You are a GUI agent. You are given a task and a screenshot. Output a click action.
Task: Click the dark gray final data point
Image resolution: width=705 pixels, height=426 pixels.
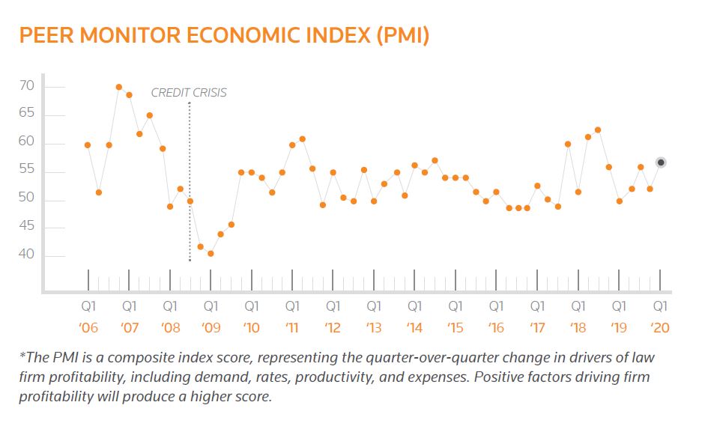click(661, 162)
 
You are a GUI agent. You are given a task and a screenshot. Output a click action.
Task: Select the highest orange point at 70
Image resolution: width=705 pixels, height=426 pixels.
click(119, 88)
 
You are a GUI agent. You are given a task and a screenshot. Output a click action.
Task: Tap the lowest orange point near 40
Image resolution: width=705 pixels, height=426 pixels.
click(211, 253)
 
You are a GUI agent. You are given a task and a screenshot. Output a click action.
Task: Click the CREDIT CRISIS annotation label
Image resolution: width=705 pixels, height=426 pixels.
click(189, 93)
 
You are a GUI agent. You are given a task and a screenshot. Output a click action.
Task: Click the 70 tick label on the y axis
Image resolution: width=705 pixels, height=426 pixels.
click(27, 87)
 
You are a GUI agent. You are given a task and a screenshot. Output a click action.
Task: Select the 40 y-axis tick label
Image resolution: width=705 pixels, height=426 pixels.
click(27, 255)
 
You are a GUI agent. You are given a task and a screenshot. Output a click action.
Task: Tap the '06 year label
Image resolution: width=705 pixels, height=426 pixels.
click(88, 327)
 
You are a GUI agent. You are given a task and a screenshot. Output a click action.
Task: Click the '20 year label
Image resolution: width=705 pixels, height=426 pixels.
click(660, 327)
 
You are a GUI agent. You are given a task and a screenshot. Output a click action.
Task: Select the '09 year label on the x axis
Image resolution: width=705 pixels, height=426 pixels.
click(211, 327)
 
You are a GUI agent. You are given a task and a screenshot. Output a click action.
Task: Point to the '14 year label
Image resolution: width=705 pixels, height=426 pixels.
click(414, 327)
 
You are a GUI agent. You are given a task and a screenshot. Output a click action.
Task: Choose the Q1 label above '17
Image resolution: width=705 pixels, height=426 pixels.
click(537, 306)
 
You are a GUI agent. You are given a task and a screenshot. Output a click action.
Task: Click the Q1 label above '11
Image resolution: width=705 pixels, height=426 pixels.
click(292, 306)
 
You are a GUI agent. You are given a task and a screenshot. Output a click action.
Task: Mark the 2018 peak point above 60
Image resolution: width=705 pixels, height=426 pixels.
click(597, 130)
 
